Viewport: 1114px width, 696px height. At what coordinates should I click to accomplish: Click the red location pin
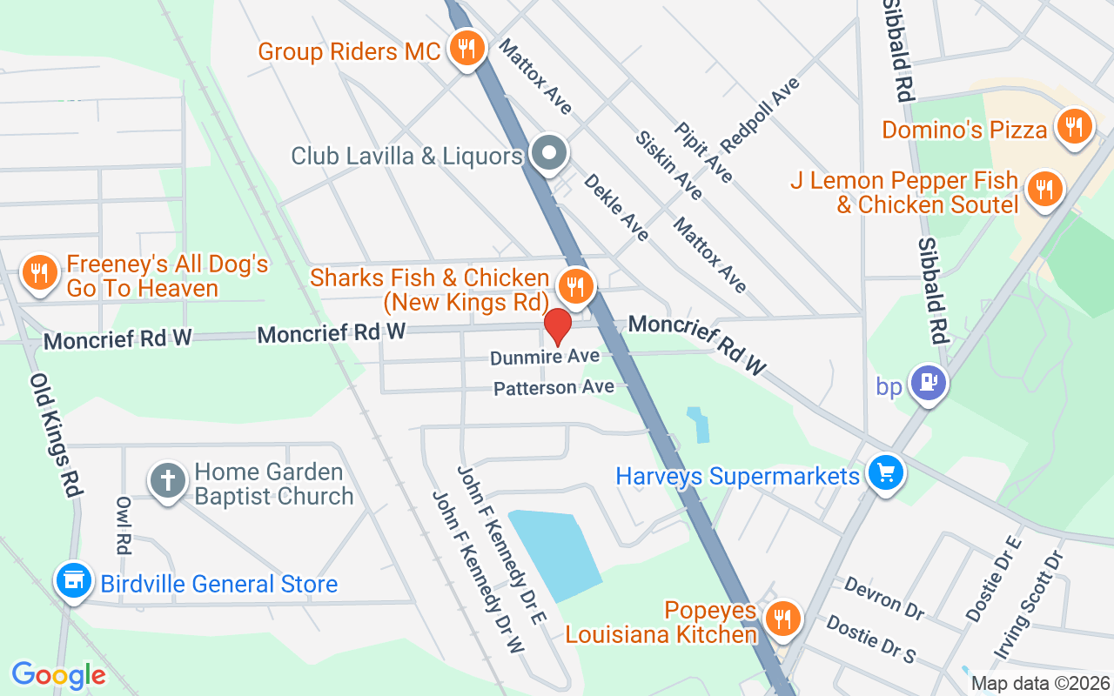pos(558,327)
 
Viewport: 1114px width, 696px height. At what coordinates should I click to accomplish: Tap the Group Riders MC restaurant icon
pos(467,49)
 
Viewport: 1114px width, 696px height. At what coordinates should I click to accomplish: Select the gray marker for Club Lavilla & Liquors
pos(549,155)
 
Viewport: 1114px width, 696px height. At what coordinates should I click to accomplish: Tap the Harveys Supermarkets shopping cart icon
pos(885,474)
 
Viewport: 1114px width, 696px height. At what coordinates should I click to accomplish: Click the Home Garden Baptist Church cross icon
pos(169,480)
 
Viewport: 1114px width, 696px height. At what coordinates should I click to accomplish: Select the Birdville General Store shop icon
pos(73,580)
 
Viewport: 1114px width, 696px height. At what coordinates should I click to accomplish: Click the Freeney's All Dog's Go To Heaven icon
pos(39,273)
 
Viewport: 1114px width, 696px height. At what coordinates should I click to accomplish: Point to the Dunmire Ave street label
pos(545,358)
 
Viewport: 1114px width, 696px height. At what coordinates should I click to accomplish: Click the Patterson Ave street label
pos(554,388)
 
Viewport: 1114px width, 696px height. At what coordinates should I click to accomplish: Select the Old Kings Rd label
pos(56,435)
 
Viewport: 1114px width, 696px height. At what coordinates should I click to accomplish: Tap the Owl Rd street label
pos(123,525)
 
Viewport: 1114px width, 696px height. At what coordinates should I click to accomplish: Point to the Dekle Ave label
pos(616,207)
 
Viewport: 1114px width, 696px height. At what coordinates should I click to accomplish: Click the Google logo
pos(58,675)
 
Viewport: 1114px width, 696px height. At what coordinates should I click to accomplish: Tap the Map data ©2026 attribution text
pos(1040,683)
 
